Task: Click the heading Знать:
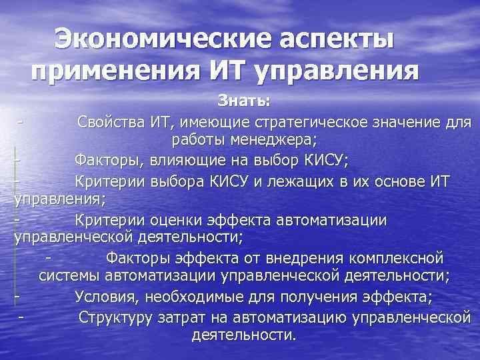tap(244, 102)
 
